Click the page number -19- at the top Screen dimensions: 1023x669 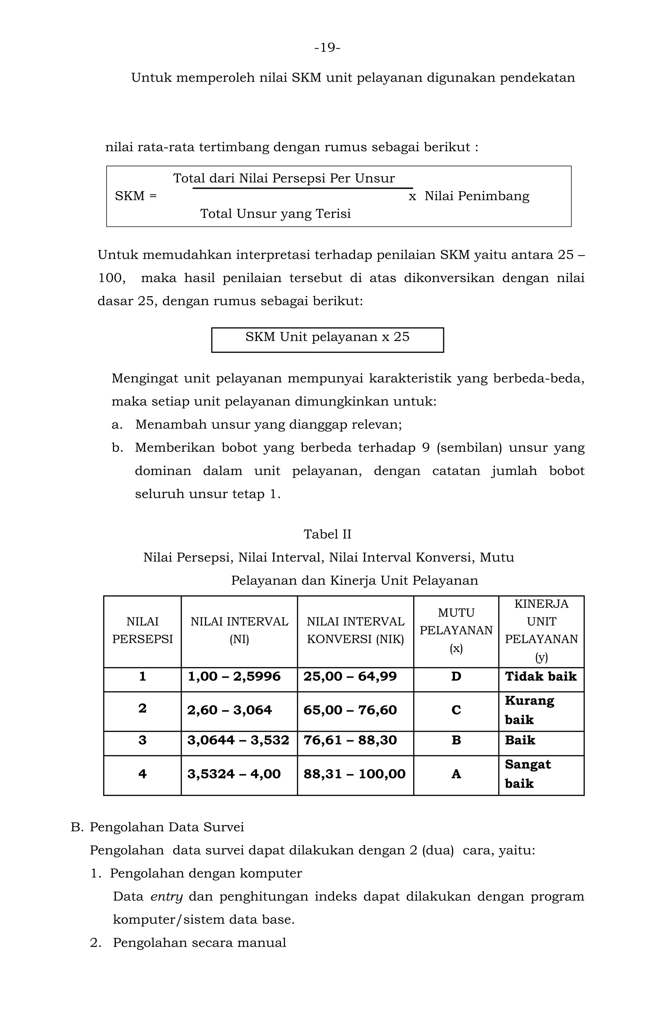pyautogui.click(x=327, y=47)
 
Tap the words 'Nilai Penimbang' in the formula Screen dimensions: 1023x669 pyautogui.click(x=477, y=196)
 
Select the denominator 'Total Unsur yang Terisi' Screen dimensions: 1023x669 pyautogui.click(x=275, y=214)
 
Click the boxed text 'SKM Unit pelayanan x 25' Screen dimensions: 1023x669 pyautogui.click(x=327, y=337)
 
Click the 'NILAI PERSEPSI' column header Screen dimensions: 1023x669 pyautogui.click(x=142, y=630)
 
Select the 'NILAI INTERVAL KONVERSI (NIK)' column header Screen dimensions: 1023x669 pyautogui.click(x=355, y=630)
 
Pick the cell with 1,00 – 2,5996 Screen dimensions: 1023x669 pyautogui.click(x=234, y=677)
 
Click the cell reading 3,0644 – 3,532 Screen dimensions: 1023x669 pyautogui.click(x=238, y=740)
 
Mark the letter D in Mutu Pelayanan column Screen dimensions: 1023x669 pyautogui.click(x=456, y=677)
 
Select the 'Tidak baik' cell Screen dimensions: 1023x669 pyautogui.click(x=541, y=677)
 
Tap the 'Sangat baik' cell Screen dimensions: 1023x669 pyautogui.click(x=528, y=774)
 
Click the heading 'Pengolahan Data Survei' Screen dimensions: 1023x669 pyautogui.click(x=167, y=827)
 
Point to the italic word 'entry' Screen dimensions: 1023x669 pyautogui.click(x=167, y=897)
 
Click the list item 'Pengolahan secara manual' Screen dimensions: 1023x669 pyautogui.click(x=199, y=943)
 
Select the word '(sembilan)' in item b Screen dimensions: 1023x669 pyautogui.click(x=469, y=447)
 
